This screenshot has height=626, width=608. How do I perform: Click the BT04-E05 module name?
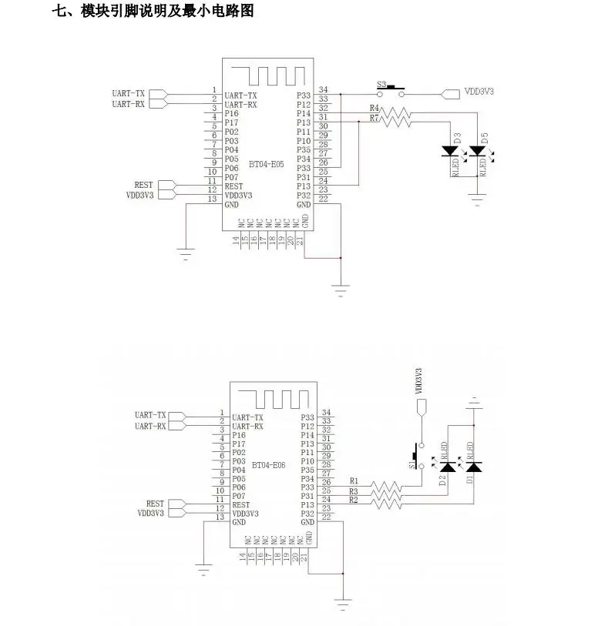(x=266, y=164)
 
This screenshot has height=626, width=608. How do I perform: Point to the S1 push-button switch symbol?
(x=418, y=455)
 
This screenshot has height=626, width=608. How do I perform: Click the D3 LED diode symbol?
(x=449, y=152)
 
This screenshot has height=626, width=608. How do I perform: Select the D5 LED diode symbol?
(x=477, y=152)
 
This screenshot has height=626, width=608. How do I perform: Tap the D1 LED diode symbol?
(x=473, y=466)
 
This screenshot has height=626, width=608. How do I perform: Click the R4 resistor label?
(x=375, y=108)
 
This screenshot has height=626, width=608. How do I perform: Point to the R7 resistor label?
(x=375, y=118)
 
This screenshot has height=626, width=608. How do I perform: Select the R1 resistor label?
(x=354, y=481)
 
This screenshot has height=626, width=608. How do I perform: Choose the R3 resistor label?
(x=354, y=491)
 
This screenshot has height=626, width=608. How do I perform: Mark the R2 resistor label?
(x=354, y=500)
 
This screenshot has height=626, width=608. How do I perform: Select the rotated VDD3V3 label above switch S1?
(x=419, y=382)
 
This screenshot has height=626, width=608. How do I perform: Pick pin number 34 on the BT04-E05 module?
(x=324, y=90)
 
